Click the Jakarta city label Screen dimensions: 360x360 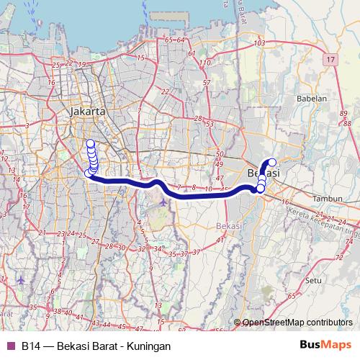click(89, 112)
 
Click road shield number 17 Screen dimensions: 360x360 click(330, 58)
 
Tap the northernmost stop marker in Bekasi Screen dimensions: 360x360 click(272, 162)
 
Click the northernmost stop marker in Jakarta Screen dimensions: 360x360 click(91, 143)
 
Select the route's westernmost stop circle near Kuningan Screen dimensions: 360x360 click(89, 173)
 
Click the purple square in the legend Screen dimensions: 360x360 click(10, 346)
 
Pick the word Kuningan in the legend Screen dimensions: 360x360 click(148, 346)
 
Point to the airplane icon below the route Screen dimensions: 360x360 click(164, 201)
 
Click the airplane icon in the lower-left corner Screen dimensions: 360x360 click(20, 280)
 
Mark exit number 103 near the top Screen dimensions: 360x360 click(261, 45)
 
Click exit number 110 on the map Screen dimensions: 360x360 click(205, 63)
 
